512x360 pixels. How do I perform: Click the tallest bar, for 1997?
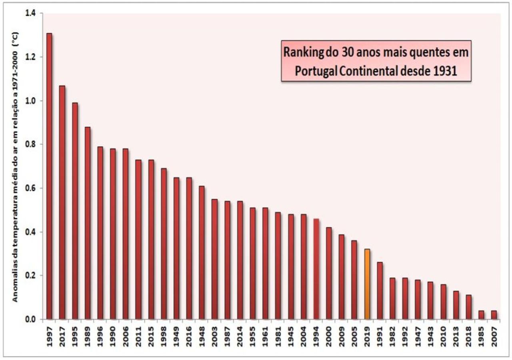click(x=49, y=176)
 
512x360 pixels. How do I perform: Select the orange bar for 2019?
click(x=367, y=284)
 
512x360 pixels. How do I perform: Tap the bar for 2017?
click(x=62, y=202)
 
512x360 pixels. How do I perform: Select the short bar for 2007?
click(x=494, y=315)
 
